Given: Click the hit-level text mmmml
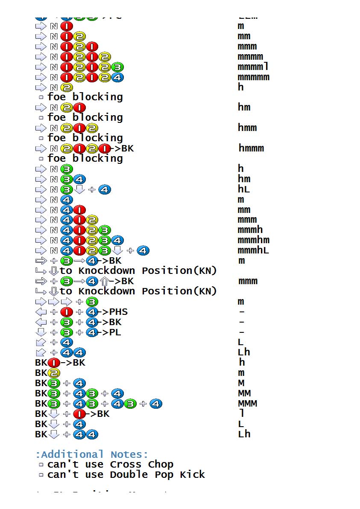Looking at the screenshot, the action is tap(253, 67).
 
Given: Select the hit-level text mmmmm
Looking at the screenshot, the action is tap(253, 77).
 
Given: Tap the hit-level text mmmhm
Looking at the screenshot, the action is tap(253, 240).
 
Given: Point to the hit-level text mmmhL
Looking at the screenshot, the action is tap(253, 250).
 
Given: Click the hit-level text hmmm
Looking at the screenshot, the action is tap(251, 148).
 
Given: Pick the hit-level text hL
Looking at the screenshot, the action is tap(244, 189).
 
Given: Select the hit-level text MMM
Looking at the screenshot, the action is tap(247, 403).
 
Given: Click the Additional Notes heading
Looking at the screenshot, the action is tap(91, 454).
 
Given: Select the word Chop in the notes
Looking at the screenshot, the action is tap(161, 464).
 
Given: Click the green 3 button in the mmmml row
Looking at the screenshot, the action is tap(117, 67).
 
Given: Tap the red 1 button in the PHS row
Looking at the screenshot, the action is tap(67, 312).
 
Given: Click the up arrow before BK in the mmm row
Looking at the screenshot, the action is tap(104, 281).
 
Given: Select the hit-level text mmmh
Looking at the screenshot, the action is tap(250, 230).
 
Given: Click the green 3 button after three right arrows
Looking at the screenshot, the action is tap(92, 302).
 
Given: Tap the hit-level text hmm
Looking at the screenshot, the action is tap(247, 128).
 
